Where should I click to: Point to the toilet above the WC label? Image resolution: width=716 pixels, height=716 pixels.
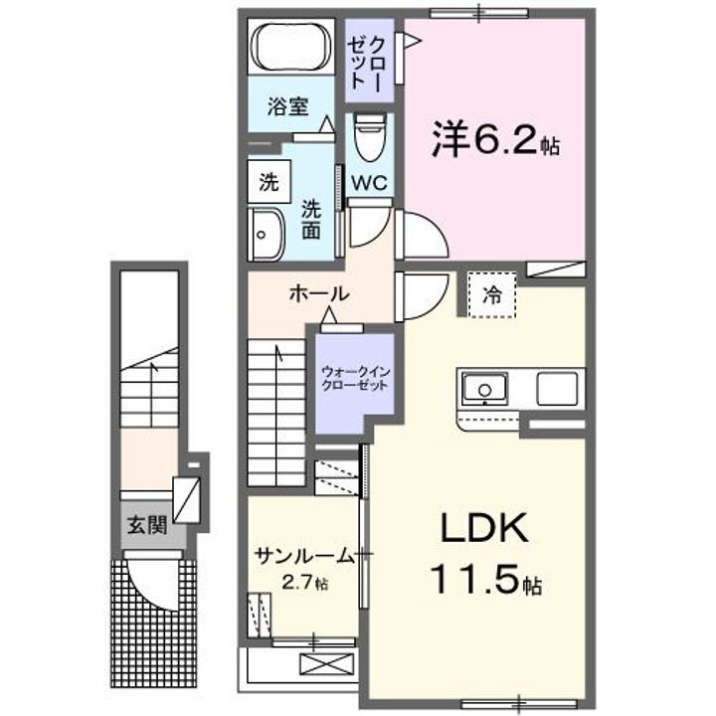point(368,139)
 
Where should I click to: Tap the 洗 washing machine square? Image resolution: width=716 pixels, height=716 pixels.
point(268,182)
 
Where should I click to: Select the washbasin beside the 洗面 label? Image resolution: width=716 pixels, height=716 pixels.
point(267,235)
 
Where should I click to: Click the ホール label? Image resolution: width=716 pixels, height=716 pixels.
point(318,293)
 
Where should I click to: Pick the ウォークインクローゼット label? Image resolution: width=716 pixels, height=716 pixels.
point(355,379)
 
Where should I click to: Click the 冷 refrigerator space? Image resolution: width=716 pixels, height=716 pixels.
point(492,293)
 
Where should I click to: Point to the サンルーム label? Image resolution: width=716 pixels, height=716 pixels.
point(303,554)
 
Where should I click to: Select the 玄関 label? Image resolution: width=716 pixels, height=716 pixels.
point(147,522)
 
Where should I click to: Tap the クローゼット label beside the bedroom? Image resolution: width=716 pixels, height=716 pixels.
point(369,63)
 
